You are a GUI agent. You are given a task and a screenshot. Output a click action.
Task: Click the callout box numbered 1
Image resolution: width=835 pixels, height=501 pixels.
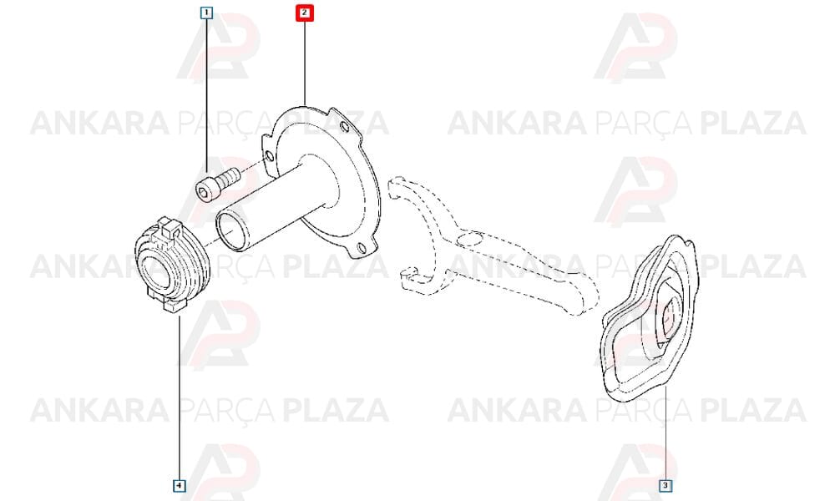click(x=206, y=12)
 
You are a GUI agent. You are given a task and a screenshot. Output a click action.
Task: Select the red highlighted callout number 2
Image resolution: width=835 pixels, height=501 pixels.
click(x=305, y=13)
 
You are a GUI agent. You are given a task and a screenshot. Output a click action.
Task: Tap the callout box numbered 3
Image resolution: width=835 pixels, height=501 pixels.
click(x=665, y=486)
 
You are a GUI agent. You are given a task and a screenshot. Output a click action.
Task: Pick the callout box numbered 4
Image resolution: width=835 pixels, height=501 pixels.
click(x=180, y=486)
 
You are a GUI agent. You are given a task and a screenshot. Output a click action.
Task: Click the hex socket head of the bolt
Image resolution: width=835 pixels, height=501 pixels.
click(x=205, y=190)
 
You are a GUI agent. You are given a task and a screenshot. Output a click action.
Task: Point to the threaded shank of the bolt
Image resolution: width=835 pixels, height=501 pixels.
click(x=227, y=176)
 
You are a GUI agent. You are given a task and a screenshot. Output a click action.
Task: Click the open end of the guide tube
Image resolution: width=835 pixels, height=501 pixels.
click(x=230, y=229)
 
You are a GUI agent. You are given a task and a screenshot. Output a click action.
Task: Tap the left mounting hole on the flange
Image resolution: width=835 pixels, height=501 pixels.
click(x=270, y=156)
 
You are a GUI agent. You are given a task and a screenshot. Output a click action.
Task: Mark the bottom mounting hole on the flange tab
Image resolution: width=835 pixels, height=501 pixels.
click(x=362, y=247)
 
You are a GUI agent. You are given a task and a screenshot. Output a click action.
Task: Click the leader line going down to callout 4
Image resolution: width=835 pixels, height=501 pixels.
click(x=180, y=397)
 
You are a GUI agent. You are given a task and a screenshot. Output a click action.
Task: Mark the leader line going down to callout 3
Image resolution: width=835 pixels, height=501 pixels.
click(x=665, y=433)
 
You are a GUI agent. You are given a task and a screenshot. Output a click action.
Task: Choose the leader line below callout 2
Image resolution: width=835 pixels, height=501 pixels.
click(x=305, y=62)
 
